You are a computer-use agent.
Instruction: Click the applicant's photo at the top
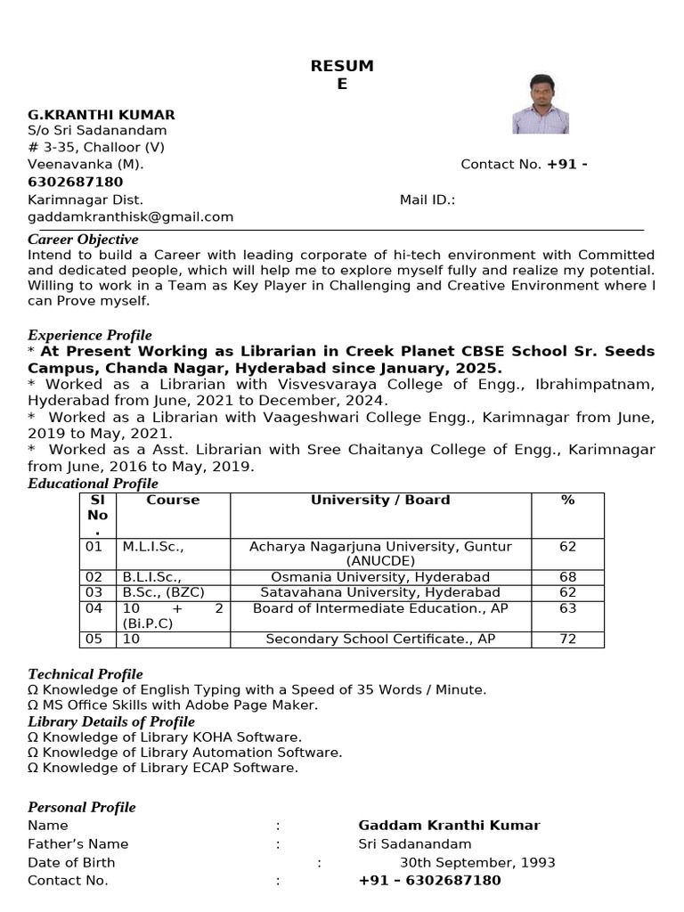(x=541, y=104)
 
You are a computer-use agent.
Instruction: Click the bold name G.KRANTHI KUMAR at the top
(x=102, y=115)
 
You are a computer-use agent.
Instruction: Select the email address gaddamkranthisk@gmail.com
(x=131, y=216)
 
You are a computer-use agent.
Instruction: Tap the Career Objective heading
(x=83, y=240)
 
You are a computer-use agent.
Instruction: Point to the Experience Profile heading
(x=90, y=335)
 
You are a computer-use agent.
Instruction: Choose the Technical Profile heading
(x=85, y=674)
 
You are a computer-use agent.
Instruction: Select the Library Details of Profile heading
(x=111, y=721)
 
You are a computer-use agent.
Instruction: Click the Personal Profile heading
(x=82, y=807)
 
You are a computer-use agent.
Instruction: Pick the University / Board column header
(x=380, y=501)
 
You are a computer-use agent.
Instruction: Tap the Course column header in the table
(x=173, y=501)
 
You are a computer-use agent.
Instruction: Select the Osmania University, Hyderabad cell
(x=380, y=577)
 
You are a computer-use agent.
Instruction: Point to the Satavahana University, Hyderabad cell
(x=380, y=592)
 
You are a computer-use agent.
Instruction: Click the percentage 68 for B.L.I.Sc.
(x=567, y=577)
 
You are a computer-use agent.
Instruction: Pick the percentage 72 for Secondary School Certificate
(x=567, y=639)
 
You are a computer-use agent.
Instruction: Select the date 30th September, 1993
(x=477, y=862)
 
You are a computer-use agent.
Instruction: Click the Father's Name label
(x=78, y=844)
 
